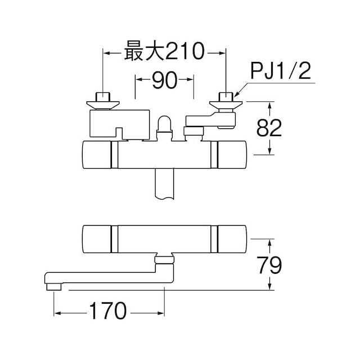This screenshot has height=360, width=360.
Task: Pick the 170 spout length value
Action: coord(110,310)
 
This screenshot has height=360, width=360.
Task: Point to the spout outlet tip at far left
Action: coord(52,286)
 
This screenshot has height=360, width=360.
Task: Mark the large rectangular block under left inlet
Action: coord(119,123)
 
